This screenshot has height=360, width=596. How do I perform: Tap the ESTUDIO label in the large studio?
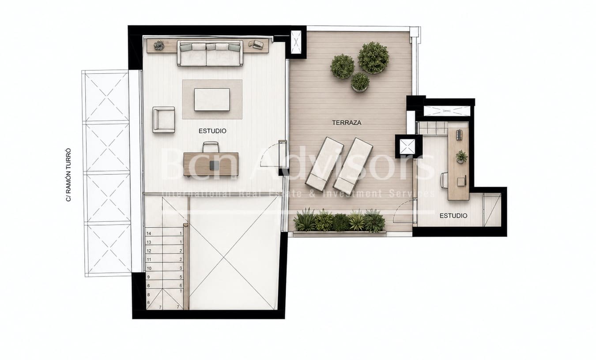click(x=212, y=131)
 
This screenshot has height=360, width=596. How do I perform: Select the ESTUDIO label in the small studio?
click(x=453, y=216)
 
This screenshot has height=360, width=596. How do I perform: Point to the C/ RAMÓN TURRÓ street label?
click(x=68, y=175)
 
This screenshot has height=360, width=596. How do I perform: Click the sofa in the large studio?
click(x=210, y=53)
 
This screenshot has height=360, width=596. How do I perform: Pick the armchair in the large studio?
click(x=163, y=119)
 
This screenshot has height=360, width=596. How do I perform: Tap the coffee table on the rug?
click(x=212, y=99)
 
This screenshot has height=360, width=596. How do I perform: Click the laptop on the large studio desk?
click(x=215, y=165)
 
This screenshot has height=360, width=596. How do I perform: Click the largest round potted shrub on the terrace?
click(x=373, y=57)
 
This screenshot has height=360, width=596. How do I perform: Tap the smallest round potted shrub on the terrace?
click(x=360, y=82)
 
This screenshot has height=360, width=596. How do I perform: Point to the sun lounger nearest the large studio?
click(x=322, y=162)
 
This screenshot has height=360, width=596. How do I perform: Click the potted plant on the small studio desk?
click(x=461, y=156)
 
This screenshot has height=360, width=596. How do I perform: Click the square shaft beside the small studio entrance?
click(x=407, y=146)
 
